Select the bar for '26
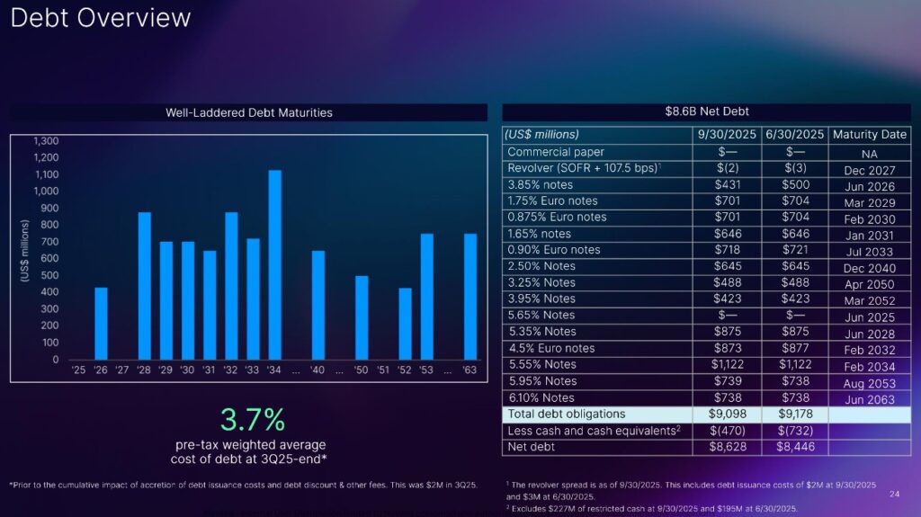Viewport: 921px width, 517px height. pyautogui.click(x=102, y=324)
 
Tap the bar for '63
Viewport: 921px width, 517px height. pyautogui.click(x=470, y=297)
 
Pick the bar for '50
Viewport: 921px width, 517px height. pyautogui.click(x=362, y=317)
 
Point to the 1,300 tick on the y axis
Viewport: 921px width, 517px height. pyautogui.click(x=46, y=141)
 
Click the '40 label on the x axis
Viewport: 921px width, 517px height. pyautogui.click(x=317, y=370)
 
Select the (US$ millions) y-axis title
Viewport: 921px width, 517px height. pyautogui.click(x=25, y=252)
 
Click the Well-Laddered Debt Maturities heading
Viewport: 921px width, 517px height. pyautogui.click(x=249, y=112)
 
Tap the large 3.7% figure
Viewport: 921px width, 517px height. pyautogui.click(x=253, y=419)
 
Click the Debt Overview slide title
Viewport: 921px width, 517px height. pyautogui.click(x=101, y=18)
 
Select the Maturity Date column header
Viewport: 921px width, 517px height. pyautogui.click(x=869, y=135)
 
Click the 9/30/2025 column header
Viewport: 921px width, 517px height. pyautogui.click(x=727, y=135)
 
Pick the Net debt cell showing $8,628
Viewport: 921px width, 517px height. pyautogui.click(x=727, y=447)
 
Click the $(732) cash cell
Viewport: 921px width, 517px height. pyautogui.click(x=793, y=431)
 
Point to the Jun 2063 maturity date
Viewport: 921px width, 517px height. pyautogui.click(x=869, y=399)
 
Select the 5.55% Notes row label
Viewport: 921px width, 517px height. pyautogui.click(x=541, y=365)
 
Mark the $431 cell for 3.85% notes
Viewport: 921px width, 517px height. pyautogui.click(x=727, y=184)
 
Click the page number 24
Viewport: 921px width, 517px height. pyautogui.click(x=894, y=494)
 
